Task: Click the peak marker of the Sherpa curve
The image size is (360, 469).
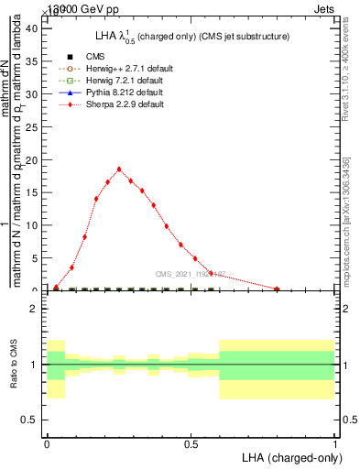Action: (119, 169)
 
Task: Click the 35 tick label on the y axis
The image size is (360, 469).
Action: (32, 61)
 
